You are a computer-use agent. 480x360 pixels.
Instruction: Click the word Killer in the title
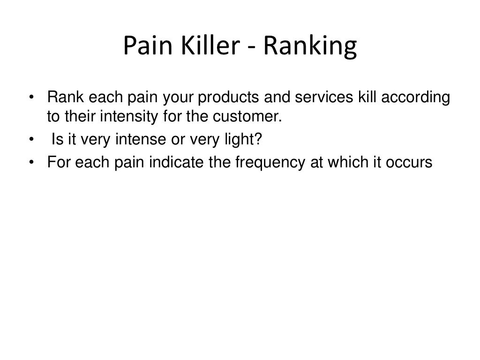(x=208, y=46)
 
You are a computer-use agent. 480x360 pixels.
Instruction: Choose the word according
(x=416, y=98)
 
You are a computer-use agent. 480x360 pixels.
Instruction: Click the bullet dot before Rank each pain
(x=31, y=98)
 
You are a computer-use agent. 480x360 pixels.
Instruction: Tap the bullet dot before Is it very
(x=31, y=139)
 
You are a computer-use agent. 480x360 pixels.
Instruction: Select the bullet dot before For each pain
(x=31, y=162)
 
